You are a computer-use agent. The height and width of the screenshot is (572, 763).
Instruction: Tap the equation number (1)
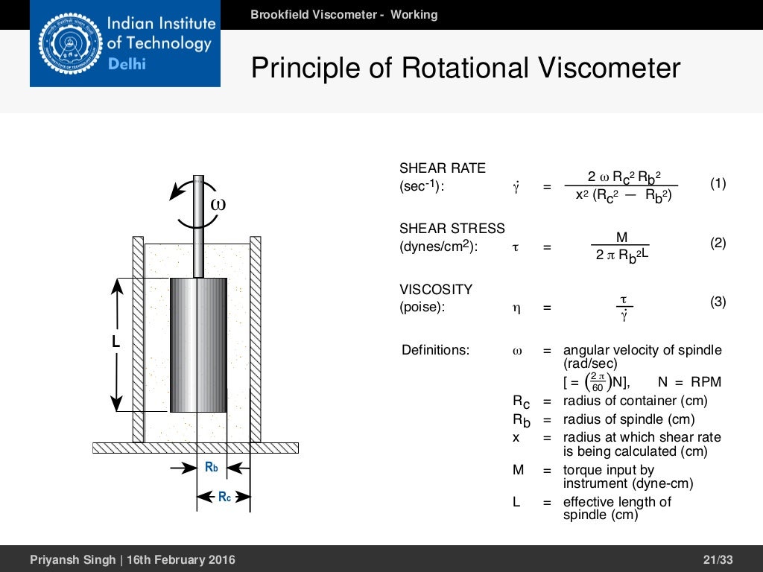coord(718,183)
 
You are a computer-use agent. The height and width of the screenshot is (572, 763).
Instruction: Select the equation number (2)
coord(718,243)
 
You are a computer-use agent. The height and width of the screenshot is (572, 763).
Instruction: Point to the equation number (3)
coord(718,302)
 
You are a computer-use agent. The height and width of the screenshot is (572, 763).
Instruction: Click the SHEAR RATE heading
coord(442,168)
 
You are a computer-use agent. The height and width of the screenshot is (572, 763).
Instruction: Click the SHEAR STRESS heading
coord(452,229)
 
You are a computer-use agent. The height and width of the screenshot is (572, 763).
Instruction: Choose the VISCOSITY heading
coord(436,289)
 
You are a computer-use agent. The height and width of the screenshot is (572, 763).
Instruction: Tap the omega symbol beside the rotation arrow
coord(217,203)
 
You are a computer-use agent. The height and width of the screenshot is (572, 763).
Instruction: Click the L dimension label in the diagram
coord(115,343)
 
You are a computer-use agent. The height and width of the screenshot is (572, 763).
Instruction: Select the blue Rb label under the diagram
coord(212,468)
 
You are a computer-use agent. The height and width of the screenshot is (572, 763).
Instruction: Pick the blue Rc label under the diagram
coord(224,496)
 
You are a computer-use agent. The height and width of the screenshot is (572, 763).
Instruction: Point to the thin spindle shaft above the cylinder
coord(198,238)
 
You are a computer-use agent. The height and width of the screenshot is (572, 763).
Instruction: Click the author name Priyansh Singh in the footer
coord(71,559)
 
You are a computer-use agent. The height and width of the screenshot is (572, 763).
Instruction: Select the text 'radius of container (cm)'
coord(635,401)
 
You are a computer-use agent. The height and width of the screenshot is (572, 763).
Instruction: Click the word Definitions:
coord(435,349)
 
